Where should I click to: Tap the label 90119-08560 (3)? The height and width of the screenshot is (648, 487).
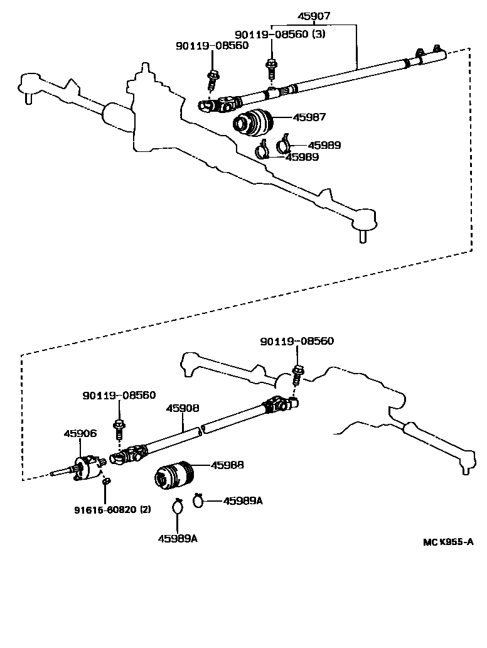tap(280, 35)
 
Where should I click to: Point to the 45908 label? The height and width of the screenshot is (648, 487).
tap(183, 408)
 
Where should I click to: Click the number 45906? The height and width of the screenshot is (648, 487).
tap(80, 433)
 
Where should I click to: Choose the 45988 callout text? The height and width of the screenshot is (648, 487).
tap(227, 465)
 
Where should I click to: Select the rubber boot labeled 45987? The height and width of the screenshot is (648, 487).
tap(252, 122)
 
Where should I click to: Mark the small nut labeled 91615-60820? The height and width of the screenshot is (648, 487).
tap(107, 482)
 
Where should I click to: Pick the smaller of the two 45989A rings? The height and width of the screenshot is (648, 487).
tap(198, 500)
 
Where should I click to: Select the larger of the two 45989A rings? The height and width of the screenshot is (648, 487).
tap(178, 506)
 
